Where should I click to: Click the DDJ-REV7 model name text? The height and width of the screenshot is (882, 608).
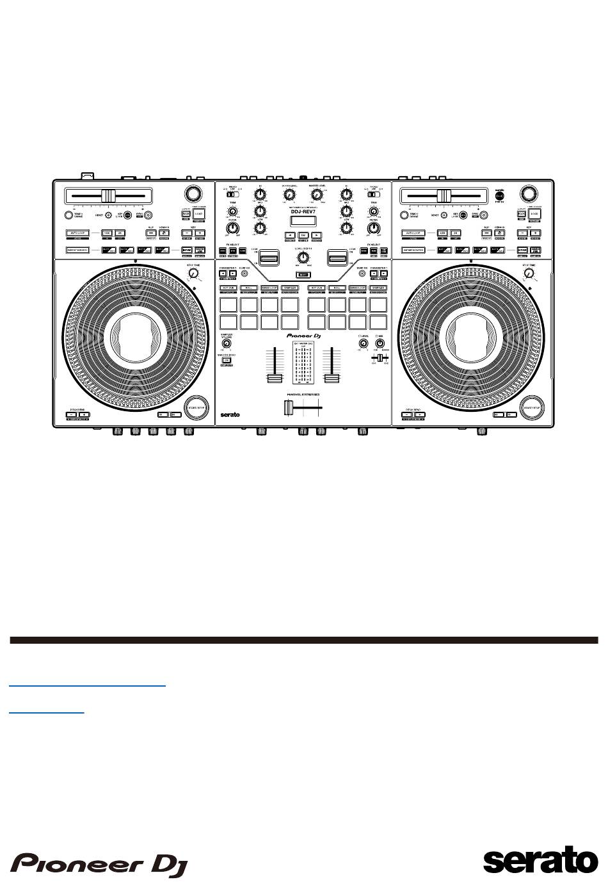coord(303,213)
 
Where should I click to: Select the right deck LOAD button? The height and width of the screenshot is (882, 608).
coord(534,214)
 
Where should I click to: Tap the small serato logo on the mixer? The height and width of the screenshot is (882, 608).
coord(230,414)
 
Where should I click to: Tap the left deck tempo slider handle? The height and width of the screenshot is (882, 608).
coord(109,195)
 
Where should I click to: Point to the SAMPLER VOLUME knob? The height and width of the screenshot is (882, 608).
coord(227,344)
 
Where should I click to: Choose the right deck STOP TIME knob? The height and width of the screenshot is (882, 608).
coord(529,274)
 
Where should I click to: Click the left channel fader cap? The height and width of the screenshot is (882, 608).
coord(275,377)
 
